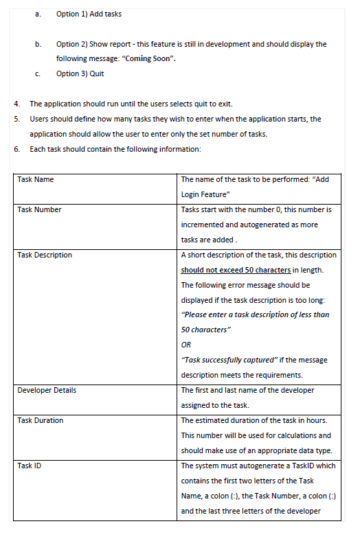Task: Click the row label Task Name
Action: (36, 179)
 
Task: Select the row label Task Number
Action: (39, 209)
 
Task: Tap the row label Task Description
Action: (45, 255)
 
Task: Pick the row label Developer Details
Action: (47, 390)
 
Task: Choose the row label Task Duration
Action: (41, 420)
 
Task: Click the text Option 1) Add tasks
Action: (89, 14)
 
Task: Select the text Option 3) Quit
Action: (80, 73)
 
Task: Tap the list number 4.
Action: (17, 104)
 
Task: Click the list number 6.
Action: (17, 149)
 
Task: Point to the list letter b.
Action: (38, 44)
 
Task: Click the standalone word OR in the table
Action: (186, 345)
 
